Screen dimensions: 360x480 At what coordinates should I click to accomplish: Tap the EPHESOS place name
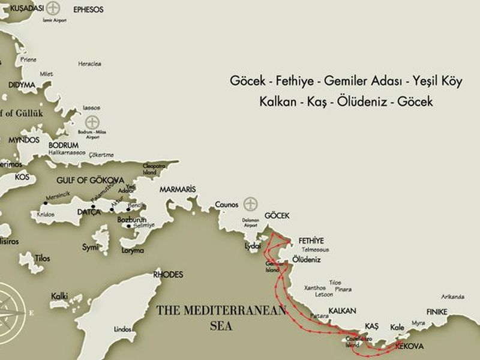click(x=88, y=10)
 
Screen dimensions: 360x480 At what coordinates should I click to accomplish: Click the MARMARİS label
click(x=178, y=189)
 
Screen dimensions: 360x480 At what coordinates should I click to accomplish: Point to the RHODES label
click(x=168, y=274)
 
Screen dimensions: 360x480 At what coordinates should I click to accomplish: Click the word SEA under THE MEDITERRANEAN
click(x=221, y=326)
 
